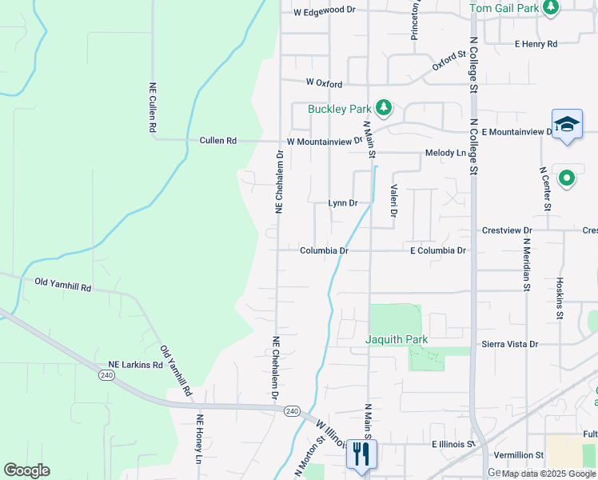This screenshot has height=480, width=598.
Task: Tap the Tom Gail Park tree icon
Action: point(550,8)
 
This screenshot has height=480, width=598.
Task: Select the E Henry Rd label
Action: point(536,44)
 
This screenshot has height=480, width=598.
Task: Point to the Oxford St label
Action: point(449,61)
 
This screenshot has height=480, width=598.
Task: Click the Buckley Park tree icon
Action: point(384,107)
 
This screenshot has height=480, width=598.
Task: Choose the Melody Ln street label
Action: point(445,153)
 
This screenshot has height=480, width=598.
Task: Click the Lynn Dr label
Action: point(343,203)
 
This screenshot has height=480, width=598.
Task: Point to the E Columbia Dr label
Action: point(437,250)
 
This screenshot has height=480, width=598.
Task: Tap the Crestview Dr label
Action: point(507,230)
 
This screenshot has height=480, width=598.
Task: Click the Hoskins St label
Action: point(560,298)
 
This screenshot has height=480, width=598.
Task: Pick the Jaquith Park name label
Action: point(397,339)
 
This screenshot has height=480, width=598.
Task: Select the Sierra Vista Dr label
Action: point(510,344)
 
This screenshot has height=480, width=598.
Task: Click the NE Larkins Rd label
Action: point(136,365)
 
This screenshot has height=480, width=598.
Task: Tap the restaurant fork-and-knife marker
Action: point(361,454)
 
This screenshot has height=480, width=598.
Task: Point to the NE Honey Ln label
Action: point(201,439)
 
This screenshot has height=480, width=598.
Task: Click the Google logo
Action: point(26,470)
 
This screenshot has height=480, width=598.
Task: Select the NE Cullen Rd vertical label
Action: point(151,107)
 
